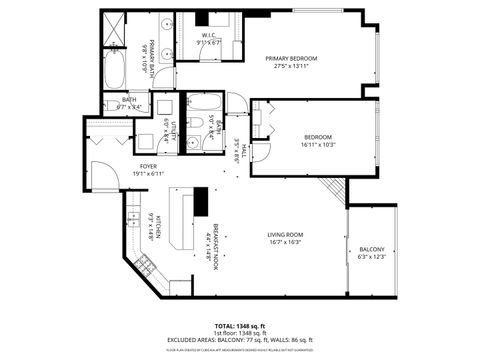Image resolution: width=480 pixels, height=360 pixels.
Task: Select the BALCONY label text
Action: (371, 250)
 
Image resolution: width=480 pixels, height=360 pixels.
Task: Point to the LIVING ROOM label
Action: (286, 234)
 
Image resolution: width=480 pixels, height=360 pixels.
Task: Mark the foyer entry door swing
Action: (101, 169)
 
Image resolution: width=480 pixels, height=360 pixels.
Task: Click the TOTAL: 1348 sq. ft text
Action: (240, 326)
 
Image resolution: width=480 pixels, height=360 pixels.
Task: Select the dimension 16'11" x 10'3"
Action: (318, 145)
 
